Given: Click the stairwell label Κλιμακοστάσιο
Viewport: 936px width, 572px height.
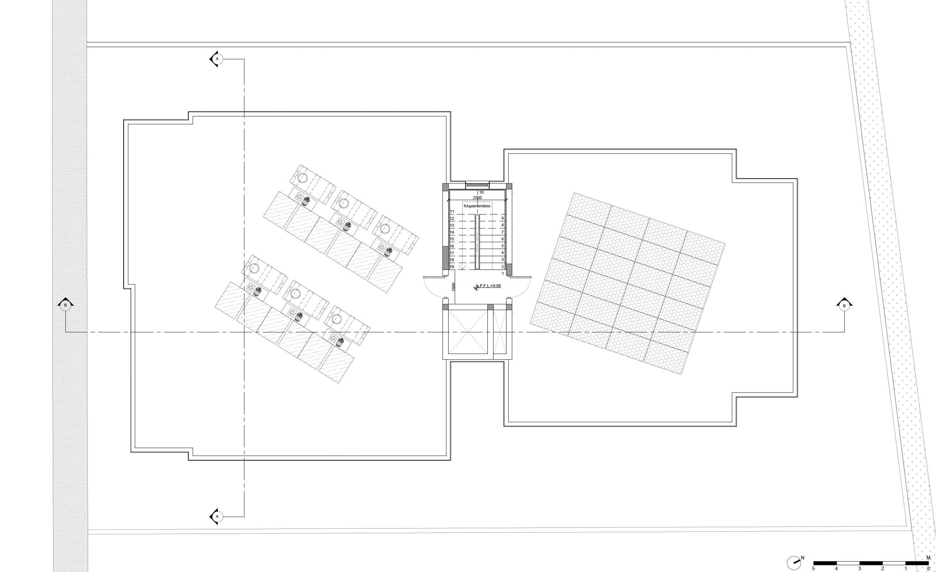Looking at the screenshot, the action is coord(477,205).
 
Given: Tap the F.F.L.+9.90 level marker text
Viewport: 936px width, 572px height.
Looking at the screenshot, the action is coord(490,285).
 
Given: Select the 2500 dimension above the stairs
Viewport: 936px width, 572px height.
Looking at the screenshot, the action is coord(477,197).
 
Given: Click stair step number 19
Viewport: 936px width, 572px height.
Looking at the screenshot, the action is coord(452,267).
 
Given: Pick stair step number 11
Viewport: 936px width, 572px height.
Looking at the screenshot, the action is coord(452,211).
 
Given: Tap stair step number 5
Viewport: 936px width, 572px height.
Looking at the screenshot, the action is coord(503,246).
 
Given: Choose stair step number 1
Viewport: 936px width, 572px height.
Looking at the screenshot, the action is coord(503,273).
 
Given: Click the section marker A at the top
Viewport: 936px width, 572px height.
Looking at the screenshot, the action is coord(216,59).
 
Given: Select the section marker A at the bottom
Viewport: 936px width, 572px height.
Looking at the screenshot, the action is coord(216,516).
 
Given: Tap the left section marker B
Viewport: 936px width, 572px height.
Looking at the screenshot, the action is coord(65,304).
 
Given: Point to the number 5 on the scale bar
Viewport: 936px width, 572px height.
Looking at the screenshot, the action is coord(813,569).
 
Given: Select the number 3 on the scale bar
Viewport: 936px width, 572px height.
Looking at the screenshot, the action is coord(860,569).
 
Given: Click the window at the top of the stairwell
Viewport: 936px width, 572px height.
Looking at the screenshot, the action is coord(477,185).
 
